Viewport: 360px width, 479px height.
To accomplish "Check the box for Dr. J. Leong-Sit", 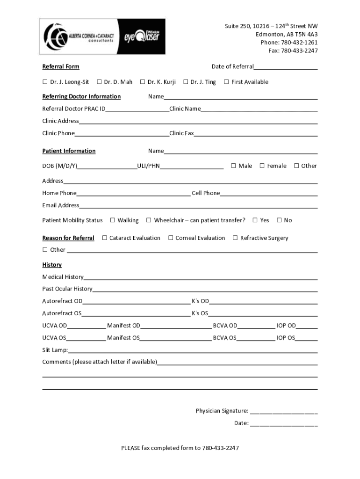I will pyautogui.click(x=45, y=82).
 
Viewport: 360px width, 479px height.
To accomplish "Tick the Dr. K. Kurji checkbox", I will pyautogui.click(x=143, y=82).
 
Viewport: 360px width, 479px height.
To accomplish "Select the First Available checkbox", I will pyautogui.click(x=226, y=82).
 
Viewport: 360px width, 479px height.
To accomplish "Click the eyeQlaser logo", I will pyautogui.click(x=142, y=36).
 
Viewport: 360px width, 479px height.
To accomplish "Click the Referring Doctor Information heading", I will pyautogui.click(x=81, y=96).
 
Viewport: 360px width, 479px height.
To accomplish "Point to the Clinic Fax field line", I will pyautogui.click(x=256, y=135).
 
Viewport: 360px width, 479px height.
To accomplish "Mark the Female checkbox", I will pyautogui.click(x=262, y=166).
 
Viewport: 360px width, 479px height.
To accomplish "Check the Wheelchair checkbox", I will pyautogui.click(x=149, y=220).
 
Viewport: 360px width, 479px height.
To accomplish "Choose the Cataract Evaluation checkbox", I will pyautogui.click(x=105, y=238).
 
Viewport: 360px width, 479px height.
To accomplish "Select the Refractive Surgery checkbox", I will pyautogui.click(x=235, y=238).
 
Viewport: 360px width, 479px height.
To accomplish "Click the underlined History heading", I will pyautogui.click(x=52, y=265).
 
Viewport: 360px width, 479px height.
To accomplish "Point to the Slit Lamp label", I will pyautogui.click(x=55, y=350).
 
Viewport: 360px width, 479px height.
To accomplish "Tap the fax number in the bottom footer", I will pyautogui.click(x=220, y=448).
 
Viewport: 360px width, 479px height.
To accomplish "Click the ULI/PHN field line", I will pyautogui.click(x=191, y=167).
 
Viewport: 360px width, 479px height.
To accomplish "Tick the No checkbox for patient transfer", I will pyautogui.click(x=279, y=220).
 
